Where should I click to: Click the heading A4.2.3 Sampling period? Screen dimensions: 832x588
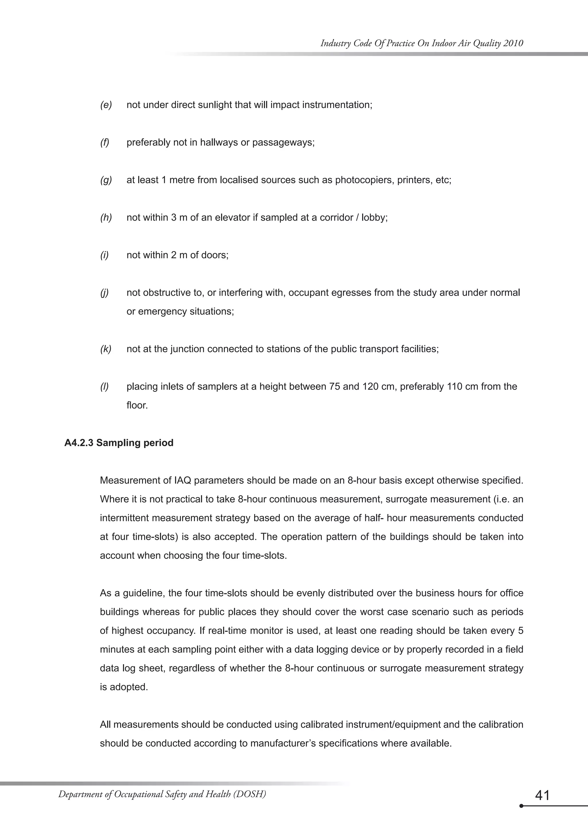click(x=119, y=443)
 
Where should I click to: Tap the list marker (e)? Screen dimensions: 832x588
click(x=106, y=105)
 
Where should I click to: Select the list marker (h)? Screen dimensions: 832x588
click(x=106, y=218)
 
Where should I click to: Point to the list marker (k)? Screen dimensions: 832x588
click(x=106, y=349)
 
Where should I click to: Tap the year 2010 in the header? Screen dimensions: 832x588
click(x=513, y=43)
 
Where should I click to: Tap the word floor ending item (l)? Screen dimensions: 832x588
click(x=137, y=405)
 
